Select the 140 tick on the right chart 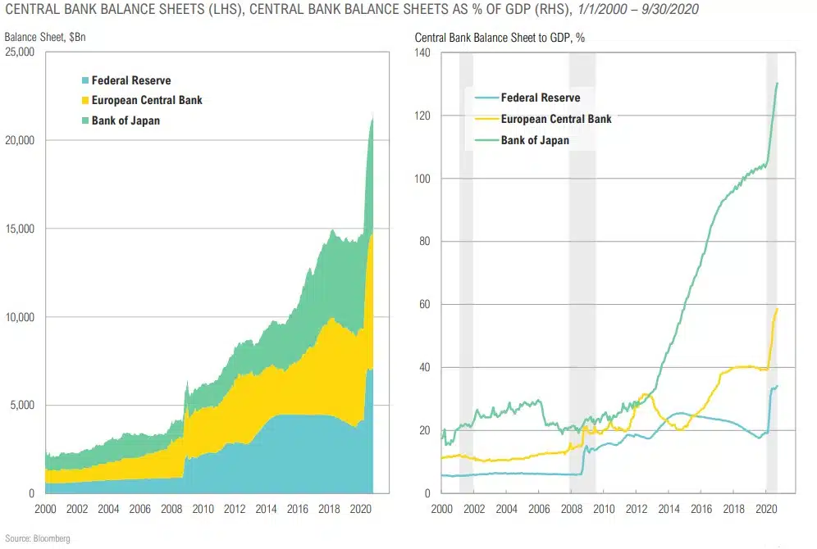423,52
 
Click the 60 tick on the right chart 426,304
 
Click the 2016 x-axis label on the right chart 701,508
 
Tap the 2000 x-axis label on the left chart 46,508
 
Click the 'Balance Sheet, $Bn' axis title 39,38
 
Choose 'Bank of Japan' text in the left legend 126,121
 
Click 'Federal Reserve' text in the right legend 541,98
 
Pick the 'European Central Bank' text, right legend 556,119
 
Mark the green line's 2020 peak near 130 778,83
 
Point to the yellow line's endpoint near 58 777,309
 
